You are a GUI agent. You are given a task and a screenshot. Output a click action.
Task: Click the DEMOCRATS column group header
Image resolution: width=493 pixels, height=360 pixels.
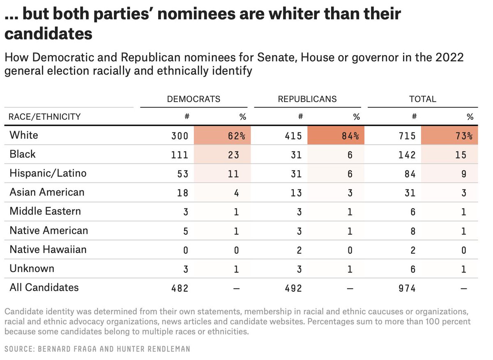click(194, 99)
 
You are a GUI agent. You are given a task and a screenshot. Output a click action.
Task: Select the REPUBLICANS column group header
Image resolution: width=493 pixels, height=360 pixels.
click(307, 99)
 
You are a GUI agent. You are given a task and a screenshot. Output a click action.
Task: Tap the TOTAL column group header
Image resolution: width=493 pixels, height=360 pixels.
click(422, 99)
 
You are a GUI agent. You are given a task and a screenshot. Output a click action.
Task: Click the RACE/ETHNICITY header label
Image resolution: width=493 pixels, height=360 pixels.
click(45, 117)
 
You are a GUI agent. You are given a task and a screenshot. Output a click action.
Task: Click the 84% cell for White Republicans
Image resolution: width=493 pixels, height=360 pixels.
click(351, 136)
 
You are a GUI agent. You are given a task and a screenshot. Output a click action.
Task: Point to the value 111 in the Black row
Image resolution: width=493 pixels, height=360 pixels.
click(180, 155)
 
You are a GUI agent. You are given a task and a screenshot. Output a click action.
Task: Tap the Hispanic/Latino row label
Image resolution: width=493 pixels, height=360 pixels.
click(48, 173)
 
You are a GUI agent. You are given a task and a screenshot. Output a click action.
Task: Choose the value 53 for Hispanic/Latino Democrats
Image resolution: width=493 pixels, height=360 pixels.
click(182, 174)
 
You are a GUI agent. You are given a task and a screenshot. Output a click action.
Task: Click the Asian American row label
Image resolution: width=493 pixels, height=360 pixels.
click(47, 192)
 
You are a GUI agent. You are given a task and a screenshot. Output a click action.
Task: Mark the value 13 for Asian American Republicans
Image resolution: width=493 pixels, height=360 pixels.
click(296, 193)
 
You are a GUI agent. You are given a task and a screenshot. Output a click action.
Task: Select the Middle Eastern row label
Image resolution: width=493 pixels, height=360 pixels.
click(45, 211)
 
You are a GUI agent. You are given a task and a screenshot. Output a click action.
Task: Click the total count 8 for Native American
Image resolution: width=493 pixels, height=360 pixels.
click(412, 231)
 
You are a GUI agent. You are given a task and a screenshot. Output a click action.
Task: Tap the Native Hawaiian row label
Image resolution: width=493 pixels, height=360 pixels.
click(48, 249)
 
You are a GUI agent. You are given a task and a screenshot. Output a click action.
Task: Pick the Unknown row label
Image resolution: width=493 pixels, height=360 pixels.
click(32, 268)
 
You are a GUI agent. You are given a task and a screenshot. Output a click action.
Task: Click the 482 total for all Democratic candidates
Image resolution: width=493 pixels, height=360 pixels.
click(180, 288)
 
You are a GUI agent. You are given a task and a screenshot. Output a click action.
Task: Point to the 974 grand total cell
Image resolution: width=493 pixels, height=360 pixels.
click(407, 288)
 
